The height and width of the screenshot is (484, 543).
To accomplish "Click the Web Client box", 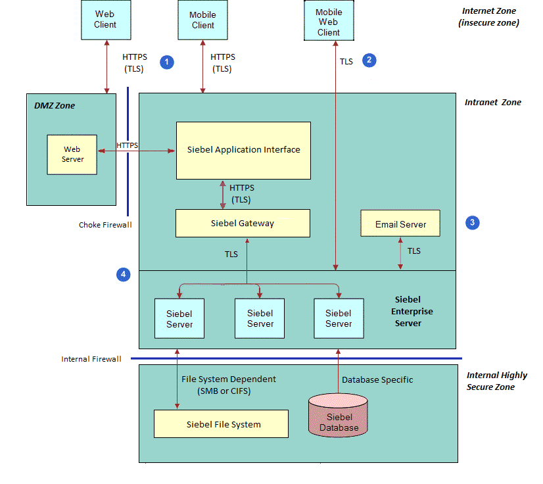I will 105,19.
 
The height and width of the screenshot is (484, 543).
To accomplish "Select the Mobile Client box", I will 202,20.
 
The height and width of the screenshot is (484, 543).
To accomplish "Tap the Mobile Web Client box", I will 328,22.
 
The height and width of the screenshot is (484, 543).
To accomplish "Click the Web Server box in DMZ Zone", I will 72,154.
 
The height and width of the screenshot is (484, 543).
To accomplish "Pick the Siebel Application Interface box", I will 243,150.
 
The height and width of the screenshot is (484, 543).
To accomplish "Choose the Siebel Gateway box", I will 243,224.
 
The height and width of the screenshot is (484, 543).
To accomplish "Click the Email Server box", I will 400,224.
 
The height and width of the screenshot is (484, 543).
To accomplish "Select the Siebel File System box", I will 221,424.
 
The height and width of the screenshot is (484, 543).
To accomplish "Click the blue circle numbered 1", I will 168,62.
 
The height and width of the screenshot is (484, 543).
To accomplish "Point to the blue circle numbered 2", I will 369,60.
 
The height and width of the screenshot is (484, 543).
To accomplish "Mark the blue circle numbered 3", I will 471,223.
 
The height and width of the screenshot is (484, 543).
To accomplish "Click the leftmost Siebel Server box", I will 179,318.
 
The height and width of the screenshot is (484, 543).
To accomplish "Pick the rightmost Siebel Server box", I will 339,318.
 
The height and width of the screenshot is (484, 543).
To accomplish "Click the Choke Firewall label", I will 105,225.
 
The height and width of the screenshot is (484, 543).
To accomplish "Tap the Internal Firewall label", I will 91,359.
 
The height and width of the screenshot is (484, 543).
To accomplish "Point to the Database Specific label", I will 377,379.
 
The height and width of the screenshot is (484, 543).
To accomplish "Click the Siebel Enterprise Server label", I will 413,310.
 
